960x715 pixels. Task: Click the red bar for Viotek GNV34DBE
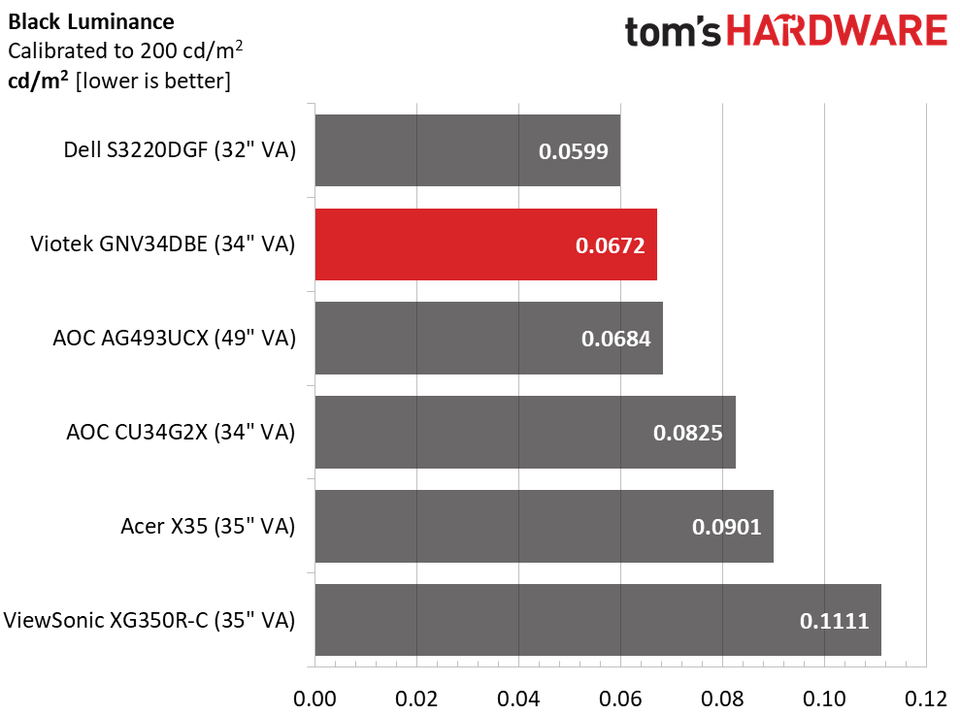pos(486,244)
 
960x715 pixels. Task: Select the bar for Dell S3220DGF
pos(468,150)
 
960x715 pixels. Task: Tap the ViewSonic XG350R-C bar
pos(598,620)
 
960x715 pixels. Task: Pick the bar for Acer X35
pos(545,526)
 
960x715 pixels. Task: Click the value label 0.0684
pos(616,339)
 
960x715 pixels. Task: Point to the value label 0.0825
pos(687,433)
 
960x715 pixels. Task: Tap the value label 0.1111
pos(835,621)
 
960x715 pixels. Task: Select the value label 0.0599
pos(573,151)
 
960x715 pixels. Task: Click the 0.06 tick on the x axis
pos(620,698)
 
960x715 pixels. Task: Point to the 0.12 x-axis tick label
pos(926,698)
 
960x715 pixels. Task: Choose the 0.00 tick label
pos(314,698)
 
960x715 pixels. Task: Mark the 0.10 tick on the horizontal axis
pos(824,698)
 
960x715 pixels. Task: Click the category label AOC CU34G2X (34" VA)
pos(181,432)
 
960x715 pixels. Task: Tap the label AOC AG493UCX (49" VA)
pos(174,338)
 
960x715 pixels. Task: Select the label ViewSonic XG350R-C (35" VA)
pos(149,620)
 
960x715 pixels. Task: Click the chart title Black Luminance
pos(91,22)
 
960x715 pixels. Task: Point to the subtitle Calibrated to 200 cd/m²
pos(125,50)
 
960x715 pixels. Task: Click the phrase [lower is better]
pos(153,81)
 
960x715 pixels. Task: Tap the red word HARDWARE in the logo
pos(838,31)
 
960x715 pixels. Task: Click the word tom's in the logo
pos(673,32)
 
